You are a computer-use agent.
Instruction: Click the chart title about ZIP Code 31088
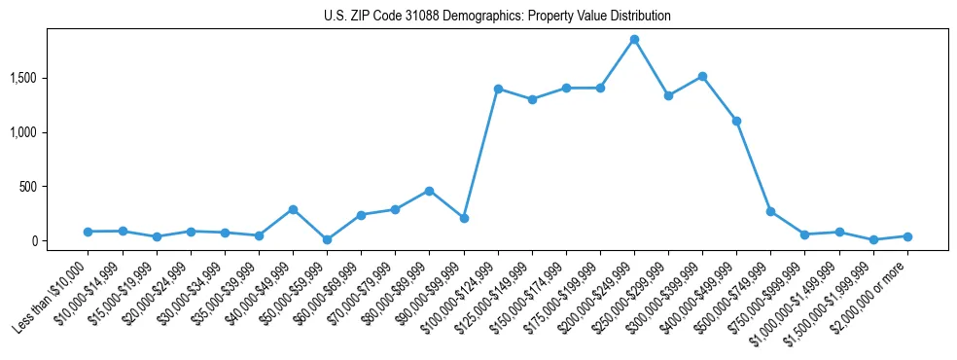[497, 17]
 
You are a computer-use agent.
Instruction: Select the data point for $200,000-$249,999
[634, 40]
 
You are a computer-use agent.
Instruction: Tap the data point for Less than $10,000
[88, 232]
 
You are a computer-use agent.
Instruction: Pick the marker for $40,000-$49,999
[293, 209]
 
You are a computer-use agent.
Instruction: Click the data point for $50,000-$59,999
[327, 239]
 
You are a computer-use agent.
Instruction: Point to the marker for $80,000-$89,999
[429, 191]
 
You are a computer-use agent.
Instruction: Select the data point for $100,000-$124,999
[498, 89]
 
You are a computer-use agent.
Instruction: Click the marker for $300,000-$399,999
[702, 76]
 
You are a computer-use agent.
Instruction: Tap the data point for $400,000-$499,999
[736, 121]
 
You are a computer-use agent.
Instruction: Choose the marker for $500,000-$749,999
[770, 211]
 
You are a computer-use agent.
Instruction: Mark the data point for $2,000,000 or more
[907, 236]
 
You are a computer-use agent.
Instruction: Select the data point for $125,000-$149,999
[532, 99]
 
